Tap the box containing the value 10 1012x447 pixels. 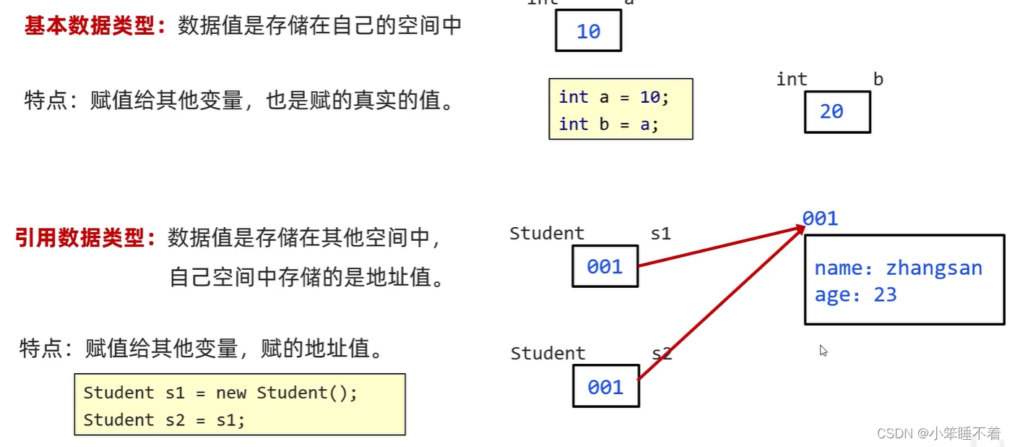(x=588, y=32)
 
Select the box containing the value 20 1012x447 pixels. (x=836, y=111)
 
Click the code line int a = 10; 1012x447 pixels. (x=614, y=97)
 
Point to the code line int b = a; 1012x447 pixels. (x=609, y=124)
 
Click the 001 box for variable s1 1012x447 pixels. (x=605, y=267)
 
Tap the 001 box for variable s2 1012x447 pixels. (x=605, y=387)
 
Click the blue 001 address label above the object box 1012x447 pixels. (x=820, y=218)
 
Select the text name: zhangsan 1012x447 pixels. (x=898, y=268)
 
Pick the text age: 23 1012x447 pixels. (x=855, y=294)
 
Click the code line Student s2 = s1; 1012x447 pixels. (x=164, y=420)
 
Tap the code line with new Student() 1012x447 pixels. (x=220, y=393)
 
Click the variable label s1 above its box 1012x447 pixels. (x=661, y=234)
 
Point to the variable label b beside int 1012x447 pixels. (x=878, y=80)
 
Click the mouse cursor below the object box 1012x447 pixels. (x=823, y=351)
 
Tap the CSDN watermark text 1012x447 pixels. (x=938, y=433)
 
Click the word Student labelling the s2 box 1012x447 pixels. (x=548, y=354)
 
